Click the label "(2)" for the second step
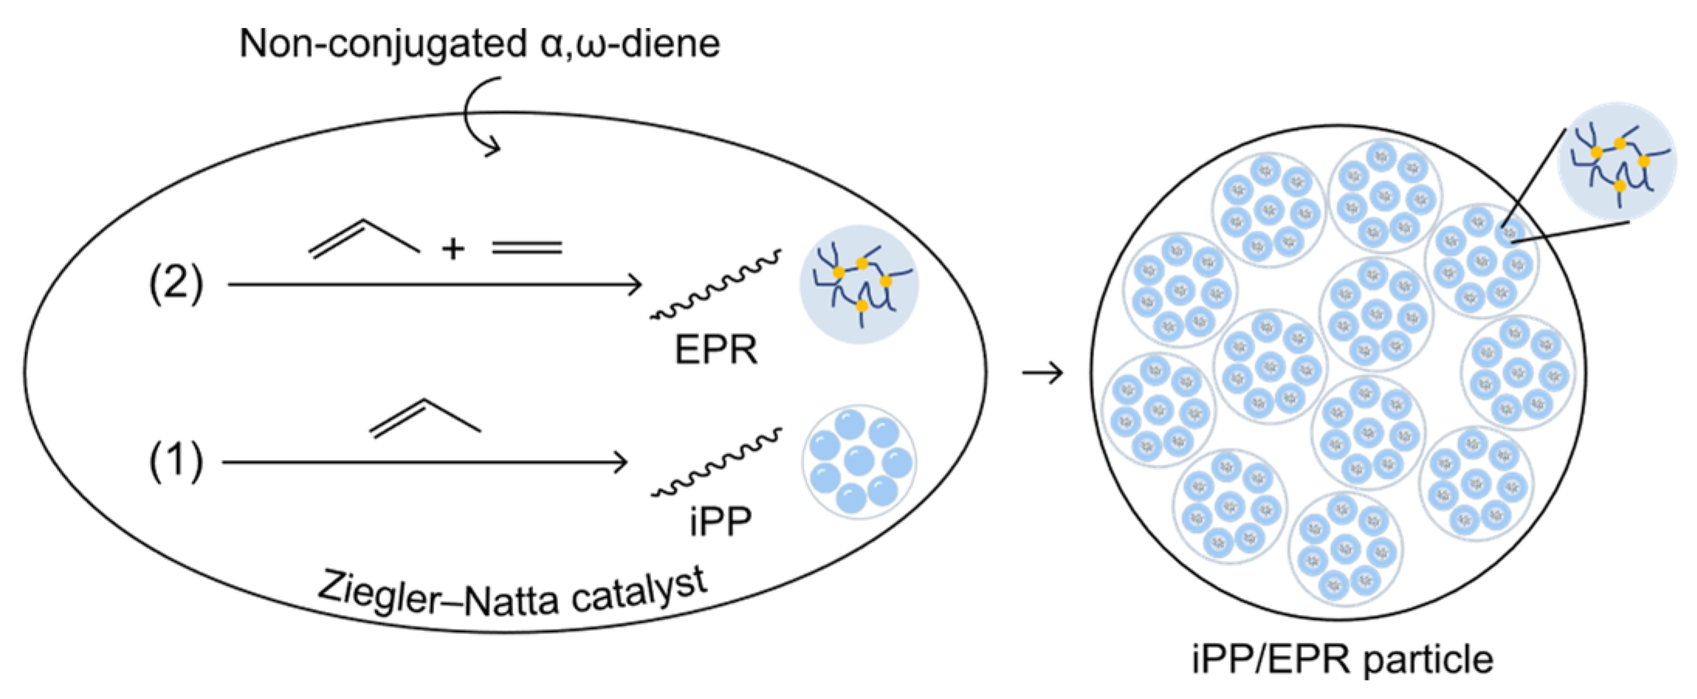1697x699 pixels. click(176, 283)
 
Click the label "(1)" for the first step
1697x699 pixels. click(176, 461)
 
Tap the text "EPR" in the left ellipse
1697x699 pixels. click(716, 350)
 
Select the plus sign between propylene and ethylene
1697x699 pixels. click(453, 248)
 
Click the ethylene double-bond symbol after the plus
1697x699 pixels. click(527, 248)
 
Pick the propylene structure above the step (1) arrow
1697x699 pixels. click(425, 418)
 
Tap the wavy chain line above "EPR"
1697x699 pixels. click(715, 286)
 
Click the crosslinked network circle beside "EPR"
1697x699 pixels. click(859, 284)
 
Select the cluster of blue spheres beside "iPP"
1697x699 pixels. click(859, 461)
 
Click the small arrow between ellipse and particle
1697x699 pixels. click(1043, 374)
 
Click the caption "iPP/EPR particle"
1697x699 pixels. click(1342, 660)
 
